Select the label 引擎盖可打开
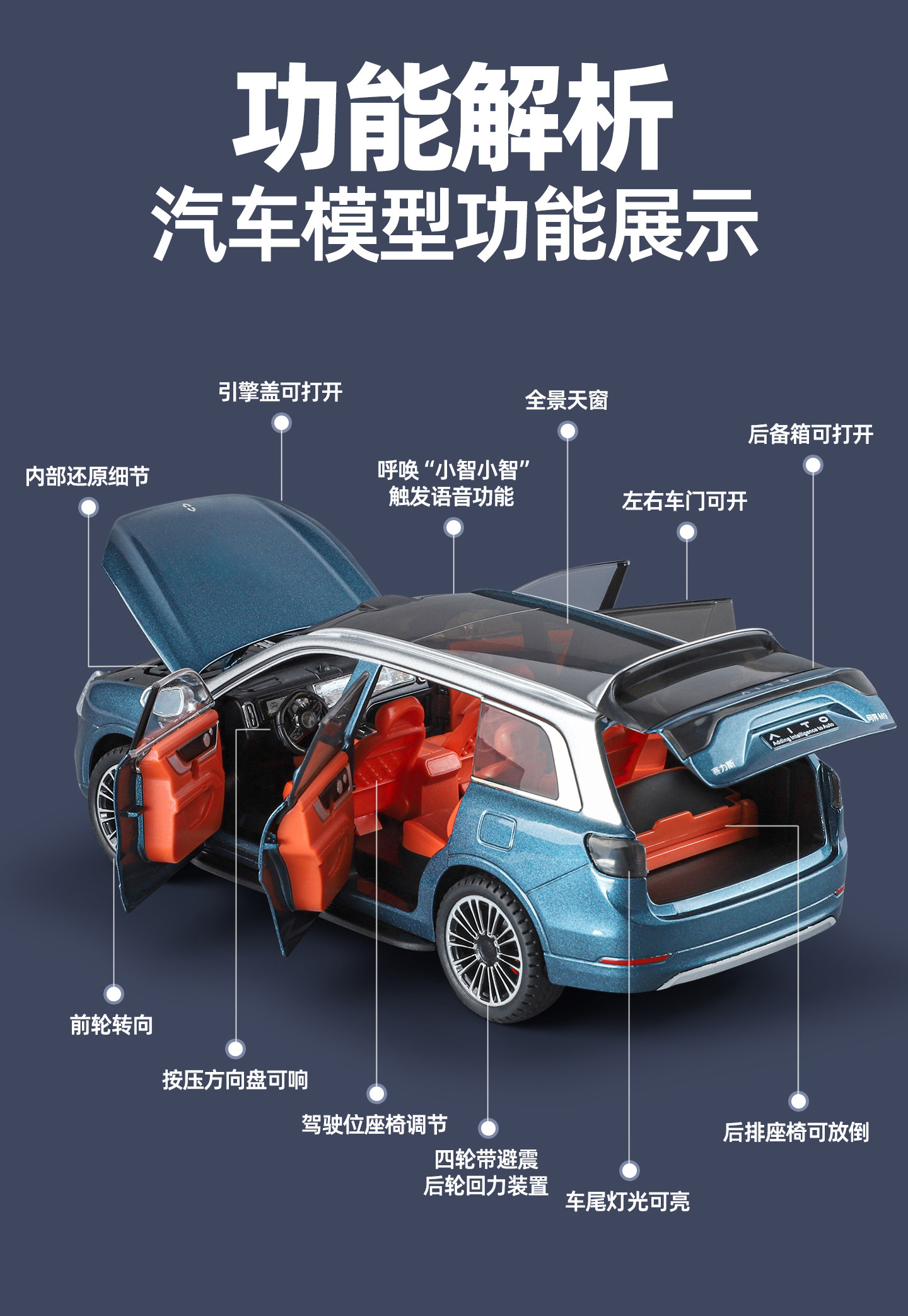[281, 392]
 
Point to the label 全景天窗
[566, 400]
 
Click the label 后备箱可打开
[810, 434]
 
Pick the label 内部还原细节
[88, 477]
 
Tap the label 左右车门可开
[684, 501]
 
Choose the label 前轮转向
[112, 1025]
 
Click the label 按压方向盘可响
[235, 1080]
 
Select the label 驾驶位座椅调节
[375, 1124]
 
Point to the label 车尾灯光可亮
[627, 1201]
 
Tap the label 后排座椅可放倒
[796, 1132]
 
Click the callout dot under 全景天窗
[567, 431]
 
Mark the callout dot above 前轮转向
[113, 994]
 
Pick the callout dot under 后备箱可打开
[813, 465]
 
